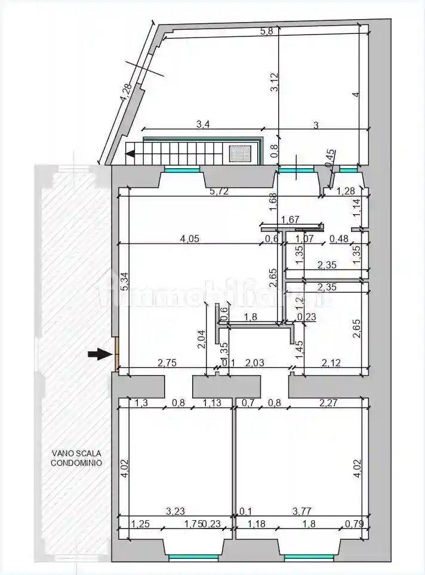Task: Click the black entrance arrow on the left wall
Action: (100, 354)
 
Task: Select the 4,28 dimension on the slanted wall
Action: (125, 93)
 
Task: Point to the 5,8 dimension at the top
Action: (267, 32)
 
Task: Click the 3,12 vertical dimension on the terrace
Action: (274, 82)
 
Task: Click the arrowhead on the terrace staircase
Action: (130, 155)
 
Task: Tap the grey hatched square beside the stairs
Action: (241, 154)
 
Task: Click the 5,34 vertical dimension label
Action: (124, 282)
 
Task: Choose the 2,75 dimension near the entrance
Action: (167, 363)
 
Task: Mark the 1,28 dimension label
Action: (346, 191)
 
